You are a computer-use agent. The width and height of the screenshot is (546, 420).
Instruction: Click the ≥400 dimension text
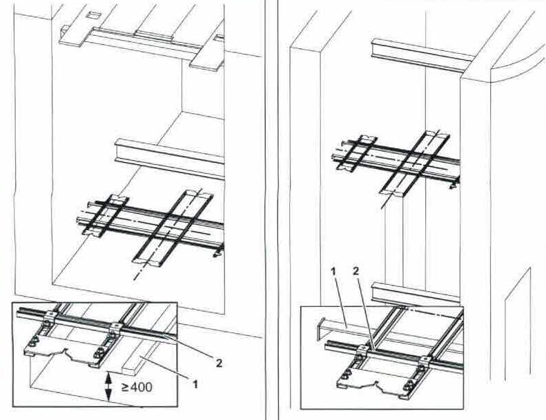[x=137, y=386]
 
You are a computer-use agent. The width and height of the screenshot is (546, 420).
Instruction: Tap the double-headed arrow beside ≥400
[x=108, y=386]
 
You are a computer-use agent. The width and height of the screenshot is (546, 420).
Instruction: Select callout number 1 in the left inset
[x=196, y=384]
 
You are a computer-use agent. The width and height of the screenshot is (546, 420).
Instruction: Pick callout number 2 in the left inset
[x=219, y=363]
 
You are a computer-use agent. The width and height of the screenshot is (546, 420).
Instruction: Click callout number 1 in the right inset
[x=333, y=272]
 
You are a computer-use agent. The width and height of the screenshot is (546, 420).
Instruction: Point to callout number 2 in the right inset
[x=355, y=271]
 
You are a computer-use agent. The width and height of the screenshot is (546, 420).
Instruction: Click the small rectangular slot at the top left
[x=93, y=15]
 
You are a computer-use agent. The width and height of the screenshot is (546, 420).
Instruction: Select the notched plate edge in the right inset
[x=376, y=387]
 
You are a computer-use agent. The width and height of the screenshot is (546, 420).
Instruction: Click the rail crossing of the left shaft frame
[x=167, y=223]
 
